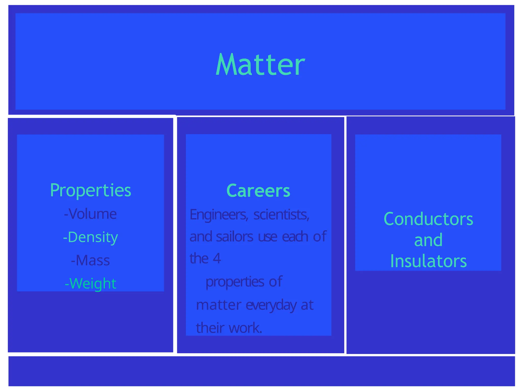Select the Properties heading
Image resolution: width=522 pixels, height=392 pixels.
pos(90,190)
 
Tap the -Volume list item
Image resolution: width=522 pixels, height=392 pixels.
pos(90,214)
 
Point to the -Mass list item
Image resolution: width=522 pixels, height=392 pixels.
pos(90,261)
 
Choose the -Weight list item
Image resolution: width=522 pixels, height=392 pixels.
pos(90,284)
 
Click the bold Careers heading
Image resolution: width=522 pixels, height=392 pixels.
pos(258,191)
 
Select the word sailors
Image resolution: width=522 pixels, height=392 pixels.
pos(234,237)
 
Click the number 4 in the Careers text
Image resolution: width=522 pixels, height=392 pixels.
pos(217,259)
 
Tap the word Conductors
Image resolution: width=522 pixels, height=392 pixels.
pos(428,219)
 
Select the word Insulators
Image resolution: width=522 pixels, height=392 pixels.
pos(428,261)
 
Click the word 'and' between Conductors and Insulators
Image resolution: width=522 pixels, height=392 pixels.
pos(428,240)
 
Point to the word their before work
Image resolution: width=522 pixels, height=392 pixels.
pos(210,328)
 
